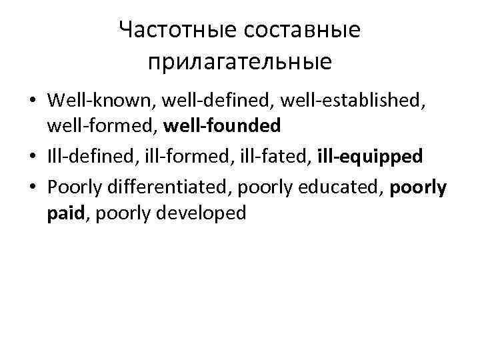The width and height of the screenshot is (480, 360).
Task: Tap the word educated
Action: click(341, 188)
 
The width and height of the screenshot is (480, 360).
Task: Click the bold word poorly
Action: click(418, 188)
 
